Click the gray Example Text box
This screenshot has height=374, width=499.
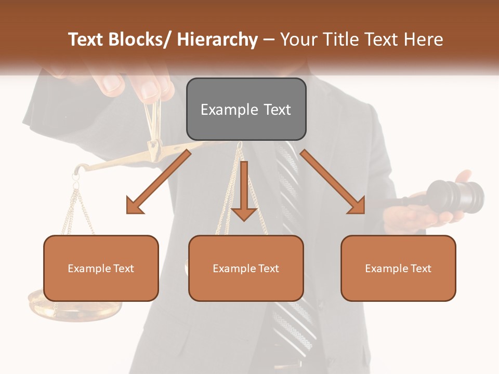(x=246, y=109)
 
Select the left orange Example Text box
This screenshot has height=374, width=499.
(x=101, y=268)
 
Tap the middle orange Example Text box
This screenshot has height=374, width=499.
(x=246, y=268)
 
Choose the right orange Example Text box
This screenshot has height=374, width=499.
(x=398, y=268)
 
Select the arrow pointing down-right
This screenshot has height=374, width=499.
(x=333, y=182)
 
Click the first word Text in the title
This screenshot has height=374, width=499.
(x=86, y=39)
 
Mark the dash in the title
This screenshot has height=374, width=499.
(x=269, y=39)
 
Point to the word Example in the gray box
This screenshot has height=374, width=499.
(x=222, y=110)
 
